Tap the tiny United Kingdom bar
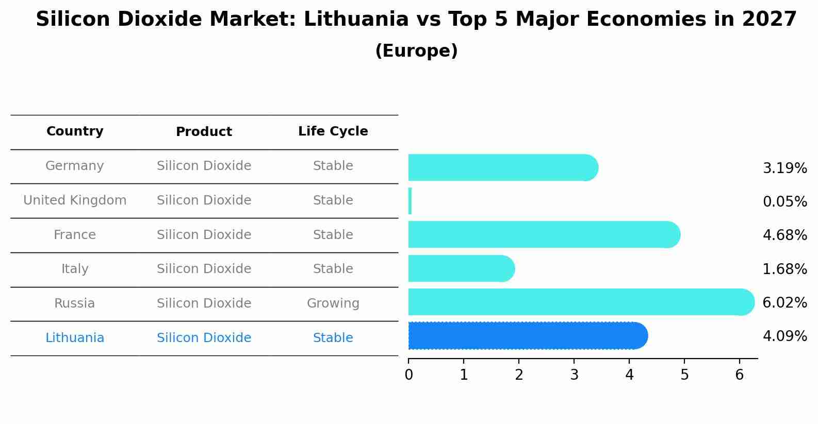point(410,201)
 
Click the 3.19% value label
point(784,168)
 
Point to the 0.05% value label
point(784,202)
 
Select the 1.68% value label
point(784,269)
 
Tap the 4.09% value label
point(784,336)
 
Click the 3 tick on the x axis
point(574,375)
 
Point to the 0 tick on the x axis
point(408,375)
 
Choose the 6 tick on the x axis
point(740,375)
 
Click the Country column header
point(75,131)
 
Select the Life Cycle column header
point(333,131)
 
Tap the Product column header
point(204,132)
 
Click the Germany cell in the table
point(75,166)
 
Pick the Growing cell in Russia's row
point(333,303)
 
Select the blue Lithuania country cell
point(75,338)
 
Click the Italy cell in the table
point(75,269)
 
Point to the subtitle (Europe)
point(416,51)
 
